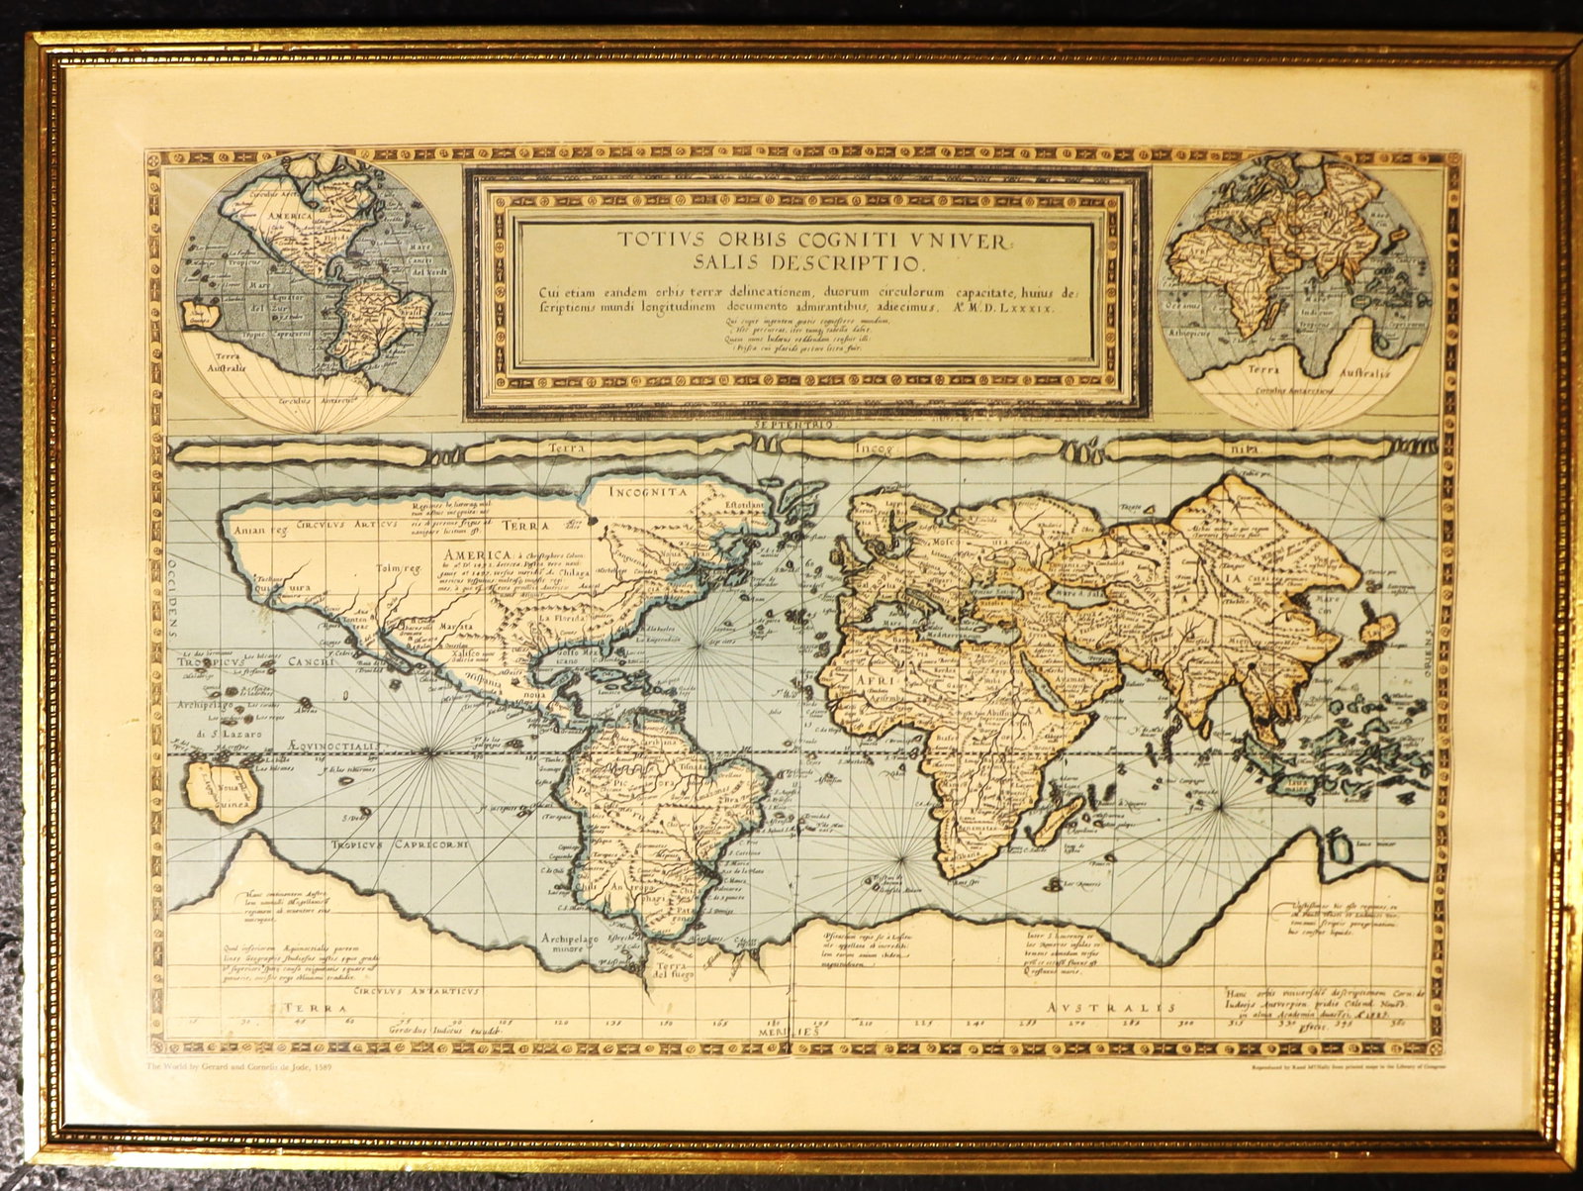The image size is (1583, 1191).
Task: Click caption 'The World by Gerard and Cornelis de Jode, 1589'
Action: click(x=246, y=1066)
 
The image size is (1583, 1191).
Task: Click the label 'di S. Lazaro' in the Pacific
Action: click(x=220, y=734)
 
